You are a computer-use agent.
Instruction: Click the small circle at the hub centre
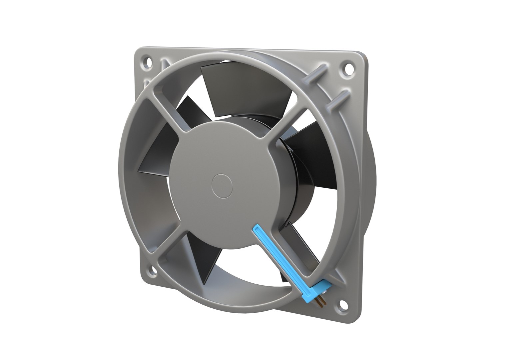[222, 184]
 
